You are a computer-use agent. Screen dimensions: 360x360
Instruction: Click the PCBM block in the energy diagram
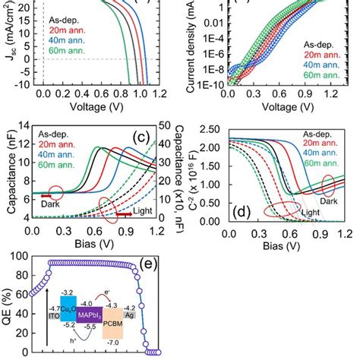[117, 321]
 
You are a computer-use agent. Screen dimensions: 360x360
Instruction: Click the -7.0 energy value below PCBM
[116, 343]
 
